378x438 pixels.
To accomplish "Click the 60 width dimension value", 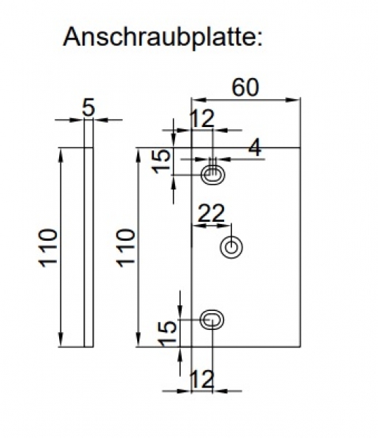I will pos(245,87).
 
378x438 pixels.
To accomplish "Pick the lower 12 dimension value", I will pos(202,379).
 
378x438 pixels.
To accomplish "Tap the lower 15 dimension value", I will pos(167,333).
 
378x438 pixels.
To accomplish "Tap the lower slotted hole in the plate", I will pos(212,319).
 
